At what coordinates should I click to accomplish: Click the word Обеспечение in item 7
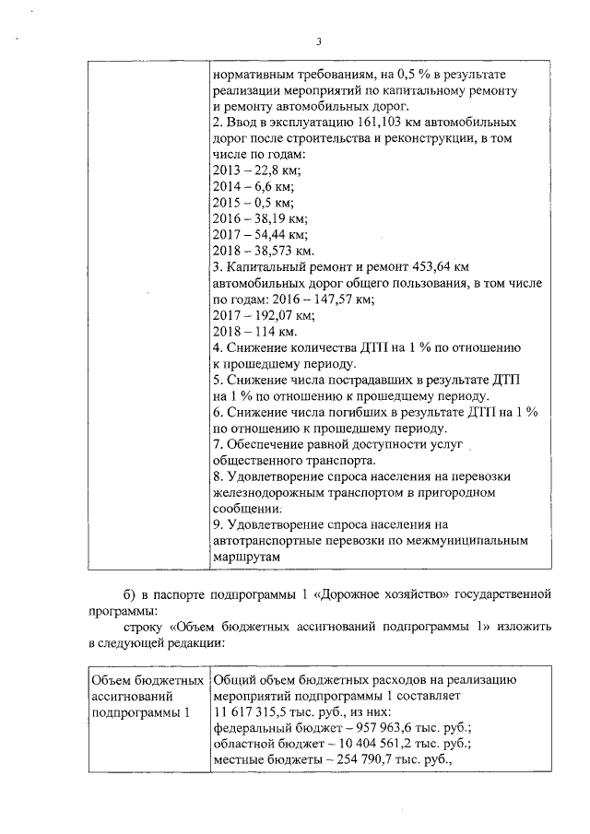point(268,444)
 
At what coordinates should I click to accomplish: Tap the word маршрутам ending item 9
point(247,557)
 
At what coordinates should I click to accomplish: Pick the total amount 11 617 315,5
point(255,711)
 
